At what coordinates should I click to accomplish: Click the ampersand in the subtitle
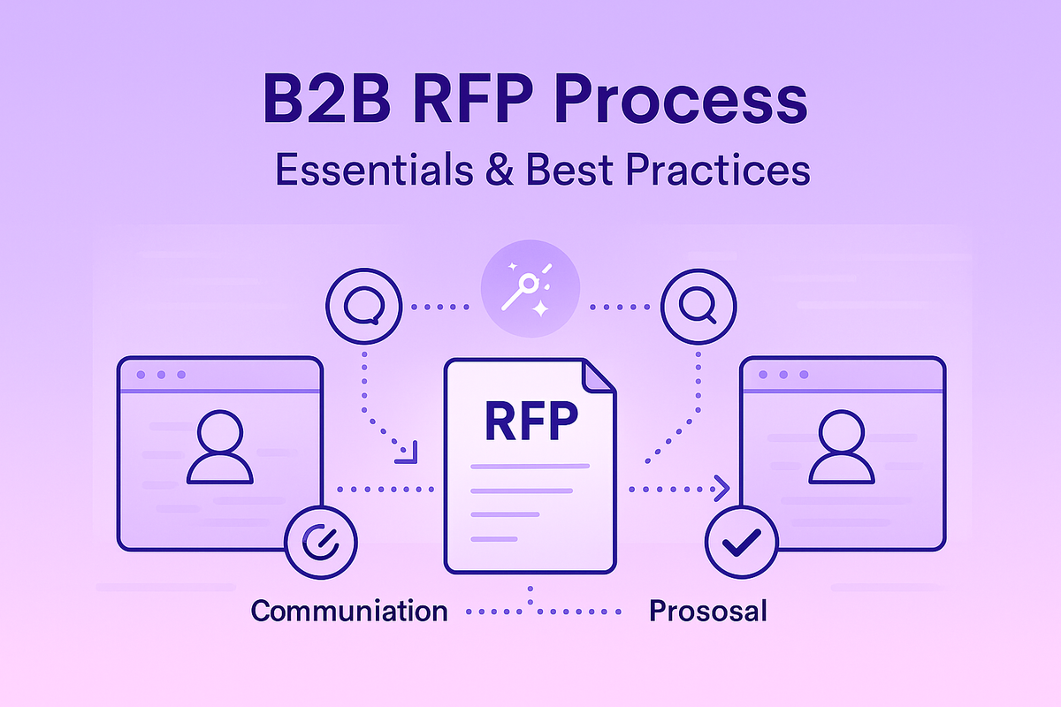pos(497,171)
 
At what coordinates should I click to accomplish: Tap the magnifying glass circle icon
pos(696,307)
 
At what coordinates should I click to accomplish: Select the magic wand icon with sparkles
pos(530,292)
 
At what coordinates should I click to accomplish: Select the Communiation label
pos(349,611)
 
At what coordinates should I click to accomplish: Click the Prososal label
pos(707,611)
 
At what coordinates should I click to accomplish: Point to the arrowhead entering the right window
pos(721,487)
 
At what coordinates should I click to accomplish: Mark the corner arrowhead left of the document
pos(408,453)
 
